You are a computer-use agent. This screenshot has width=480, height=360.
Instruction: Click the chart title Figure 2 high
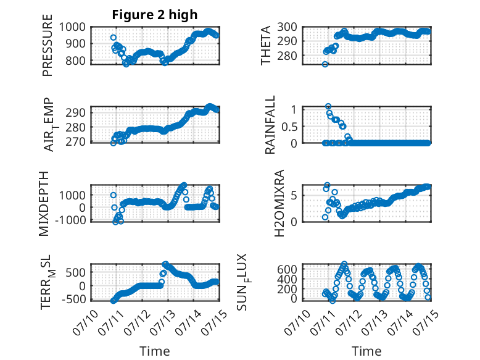[155, 15]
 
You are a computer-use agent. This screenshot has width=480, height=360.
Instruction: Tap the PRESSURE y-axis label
[48, 45]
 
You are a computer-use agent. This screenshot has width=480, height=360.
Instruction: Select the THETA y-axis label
[266, 45]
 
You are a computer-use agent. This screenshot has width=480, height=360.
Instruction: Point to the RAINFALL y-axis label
[270, 124]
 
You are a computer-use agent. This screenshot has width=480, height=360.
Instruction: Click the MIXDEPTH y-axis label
[44, 204]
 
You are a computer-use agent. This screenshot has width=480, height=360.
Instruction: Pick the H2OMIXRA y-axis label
[279, 203]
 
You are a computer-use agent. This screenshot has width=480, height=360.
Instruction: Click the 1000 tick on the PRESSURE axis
[72, 27]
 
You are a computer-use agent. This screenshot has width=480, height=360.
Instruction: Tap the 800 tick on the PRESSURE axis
[76, 61]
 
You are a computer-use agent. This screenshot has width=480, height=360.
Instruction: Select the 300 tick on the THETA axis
[288, 27]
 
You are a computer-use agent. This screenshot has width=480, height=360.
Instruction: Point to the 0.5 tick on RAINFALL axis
[289, 126]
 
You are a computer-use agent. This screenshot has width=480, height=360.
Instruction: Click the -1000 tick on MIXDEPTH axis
[71, 220]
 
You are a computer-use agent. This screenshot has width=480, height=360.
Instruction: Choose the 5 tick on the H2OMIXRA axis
[294, 196]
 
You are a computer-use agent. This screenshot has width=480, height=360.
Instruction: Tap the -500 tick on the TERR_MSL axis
[74, 299]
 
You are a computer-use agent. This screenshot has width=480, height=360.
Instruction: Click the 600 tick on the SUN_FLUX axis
[288, 269]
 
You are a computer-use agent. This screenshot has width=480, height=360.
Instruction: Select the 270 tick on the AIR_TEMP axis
[76, 142]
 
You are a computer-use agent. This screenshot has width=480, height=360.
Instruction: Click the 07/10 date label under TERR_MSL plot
[85, 322]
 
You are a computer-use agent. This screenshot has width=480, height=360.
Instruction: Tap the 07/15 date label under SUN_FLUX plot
[426, 322]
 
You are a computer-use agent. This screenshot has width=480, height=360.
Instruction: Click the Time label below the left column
[155, 351]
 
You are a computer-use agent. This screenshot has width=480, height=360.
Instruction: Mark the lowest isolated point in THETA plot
[325, 64]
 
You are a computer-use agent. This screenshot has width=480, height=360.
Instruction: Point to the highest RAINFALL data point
[328, 106]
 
